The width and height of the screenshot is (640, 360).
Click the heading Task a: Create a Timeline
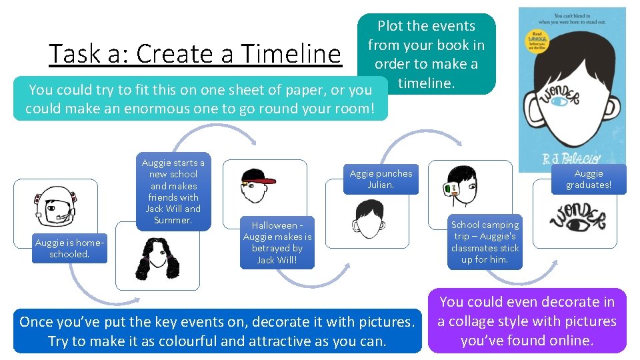[195, 54]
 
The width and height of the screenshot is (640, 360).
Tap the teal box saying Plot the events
[427, 54]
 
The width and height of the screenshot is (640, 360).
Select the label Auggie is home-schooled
[70, 249]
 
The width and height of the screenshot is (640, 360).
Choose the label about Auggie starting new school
[173, 191]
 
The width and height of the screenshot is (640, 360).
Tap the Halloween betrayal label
[277, 243]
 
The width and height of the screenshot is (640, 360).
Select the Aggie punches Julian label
[381, 179]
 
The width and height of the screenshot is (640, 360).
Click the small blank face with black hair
[368, 218]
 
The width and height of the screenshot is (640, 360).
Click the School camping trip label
[485, 242]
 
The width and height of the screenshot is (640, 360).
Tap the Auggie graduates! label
[589, 179]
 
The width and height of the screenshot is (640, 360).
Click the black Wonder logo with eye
[577, 219]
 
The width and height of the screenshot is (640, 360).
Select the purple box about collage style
[527, 321]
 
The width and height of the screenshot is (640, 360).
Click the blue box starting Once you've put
[217, 331]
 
